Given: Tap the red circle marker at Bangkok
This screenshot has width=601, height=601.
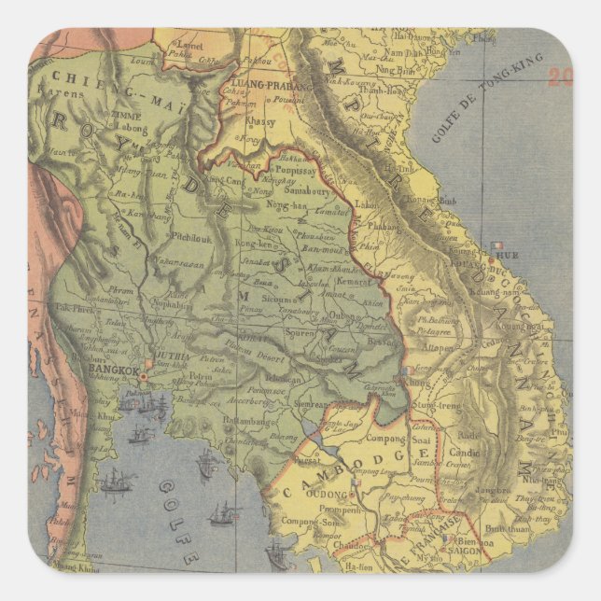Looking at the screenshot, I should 143,376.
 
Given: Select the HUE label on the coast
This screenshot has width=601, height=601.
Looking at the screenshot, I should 510,255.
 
